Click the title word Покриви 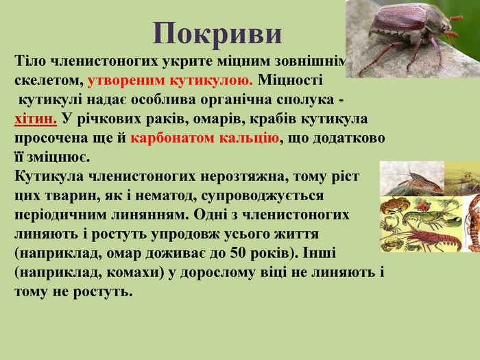click(x=217, y=34)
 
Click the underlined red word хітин click(x=36, y=119)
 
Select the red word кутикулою click(x=211, y=80)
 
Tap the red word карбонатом click(x=173, y=138)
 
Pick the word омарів click(x=219, y=119)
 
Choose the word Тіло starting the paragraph click(x=29, y=60)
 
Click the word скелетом click(x=49, y=80)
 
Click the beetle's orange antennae click(x=454, y=27)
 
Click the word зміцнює click(x=58, y=158)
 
